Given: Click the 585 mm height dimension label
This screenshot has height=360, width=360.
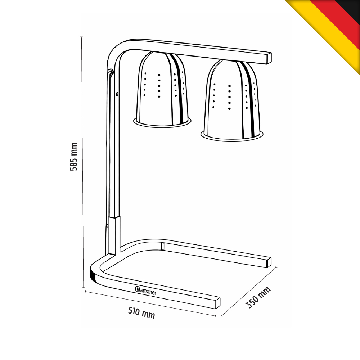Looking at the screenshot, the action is [x=73, y=157].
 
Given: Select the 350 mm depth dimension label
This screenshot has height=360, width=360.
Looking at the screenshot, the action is [x=258, y=298].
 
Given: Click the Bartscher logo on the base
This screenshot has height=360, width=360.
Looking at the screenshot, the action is [x=145, y=291].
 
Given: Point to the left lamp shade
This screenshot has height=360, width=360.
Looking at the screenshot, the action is [x=162, y=89].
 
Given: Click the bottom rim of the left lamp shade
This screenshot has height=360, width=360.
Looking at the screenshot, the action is [x=162, y=123].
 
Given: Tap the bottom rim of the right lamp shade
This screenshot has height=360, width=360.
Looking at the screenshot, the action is [x=232, y=136].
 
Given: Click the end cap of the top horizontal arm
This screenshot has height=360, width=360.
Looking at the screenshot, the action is [x=269, y=59].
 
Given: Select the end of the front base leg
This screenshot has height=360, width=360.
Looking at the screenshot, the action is [x=217, y=303].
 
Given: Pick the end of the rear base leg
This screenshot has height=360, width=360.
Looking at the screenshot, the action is [x=269, y=262].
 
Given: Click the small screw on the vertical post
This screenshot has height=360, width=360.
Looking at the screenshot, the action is [x=117, y=94].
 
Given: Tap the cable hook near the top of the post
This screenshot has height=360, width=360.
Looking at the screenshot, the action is [x=111, y=73].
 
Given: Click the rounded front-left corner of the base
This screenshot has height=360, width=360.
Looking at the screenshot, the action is [x=98, y=271].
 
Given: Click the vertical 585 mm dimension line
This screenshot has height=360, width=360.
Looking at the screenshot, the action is [x=82, y=162].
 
